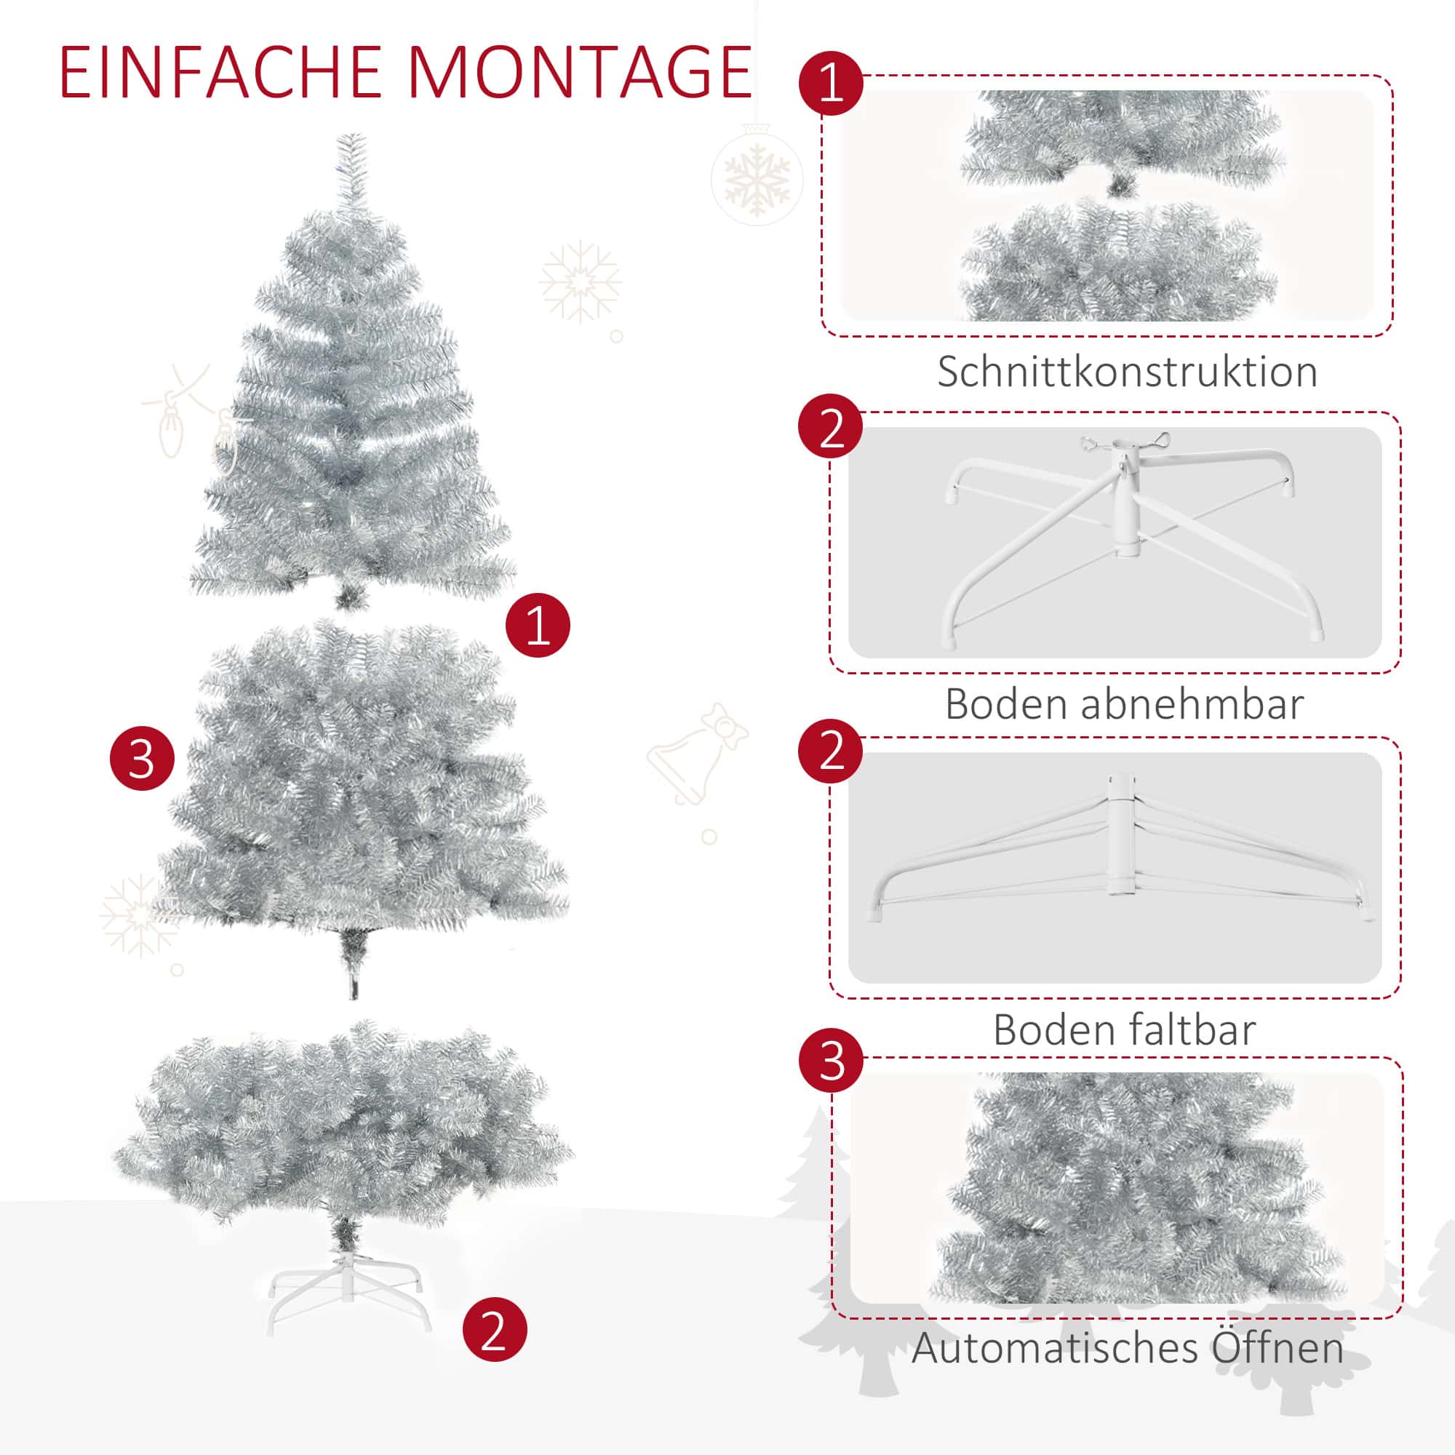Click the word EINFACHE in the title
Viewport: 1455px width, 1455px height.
[x=221, y=73]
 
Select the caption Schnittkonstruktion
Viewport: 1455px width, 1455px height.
[x=1128, y=371]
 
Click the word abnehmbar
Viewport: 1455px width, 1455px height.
[x=1192, y=704]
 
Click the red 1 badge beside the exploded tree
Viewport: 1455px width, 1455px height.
[x=538, y=624]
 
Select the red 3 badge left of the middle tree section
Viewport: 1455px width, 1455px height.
[x=143, y=757]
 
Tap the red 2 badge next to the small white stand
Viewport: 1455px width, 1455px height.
[x=495, y=1329]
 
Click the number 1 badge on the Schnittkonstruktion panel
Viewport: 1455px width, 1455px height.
[x=832, y=83]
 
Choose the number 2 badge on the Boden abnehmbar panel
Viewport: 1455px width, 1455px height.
[x=832, y=426]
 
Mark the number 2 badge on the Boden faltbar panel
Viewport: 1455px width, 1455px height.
[x=832, y=751]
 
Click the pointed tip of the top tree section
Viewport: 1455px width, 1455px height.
[x=351, y=135]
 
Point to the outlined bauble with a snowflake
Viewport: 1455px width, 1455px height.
[x=757, y=178]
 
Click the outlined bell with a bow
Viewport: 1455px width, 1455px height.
[x=697, y=753]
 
